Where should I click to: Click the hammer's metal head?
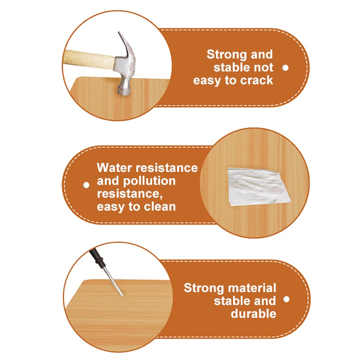[x=125, y=69]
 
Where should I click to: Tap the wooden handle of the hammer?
[x=90, y=59]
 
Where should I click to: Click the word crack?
[x=256, y=81]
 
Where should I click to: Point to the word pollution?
[x=149, y=181]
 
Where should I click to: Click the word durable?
[x=253, y=314]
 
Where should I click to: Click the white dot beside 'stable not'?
[x=285, y=68]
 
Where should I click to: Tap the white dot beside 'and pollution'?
[x=86, y=185]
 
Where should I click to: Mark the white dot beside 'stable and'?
[x=286, y=299]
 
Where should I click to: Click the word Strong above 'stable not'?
[x=227, y=55]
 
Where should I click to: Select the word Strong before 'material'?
[x=204, y=288]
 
